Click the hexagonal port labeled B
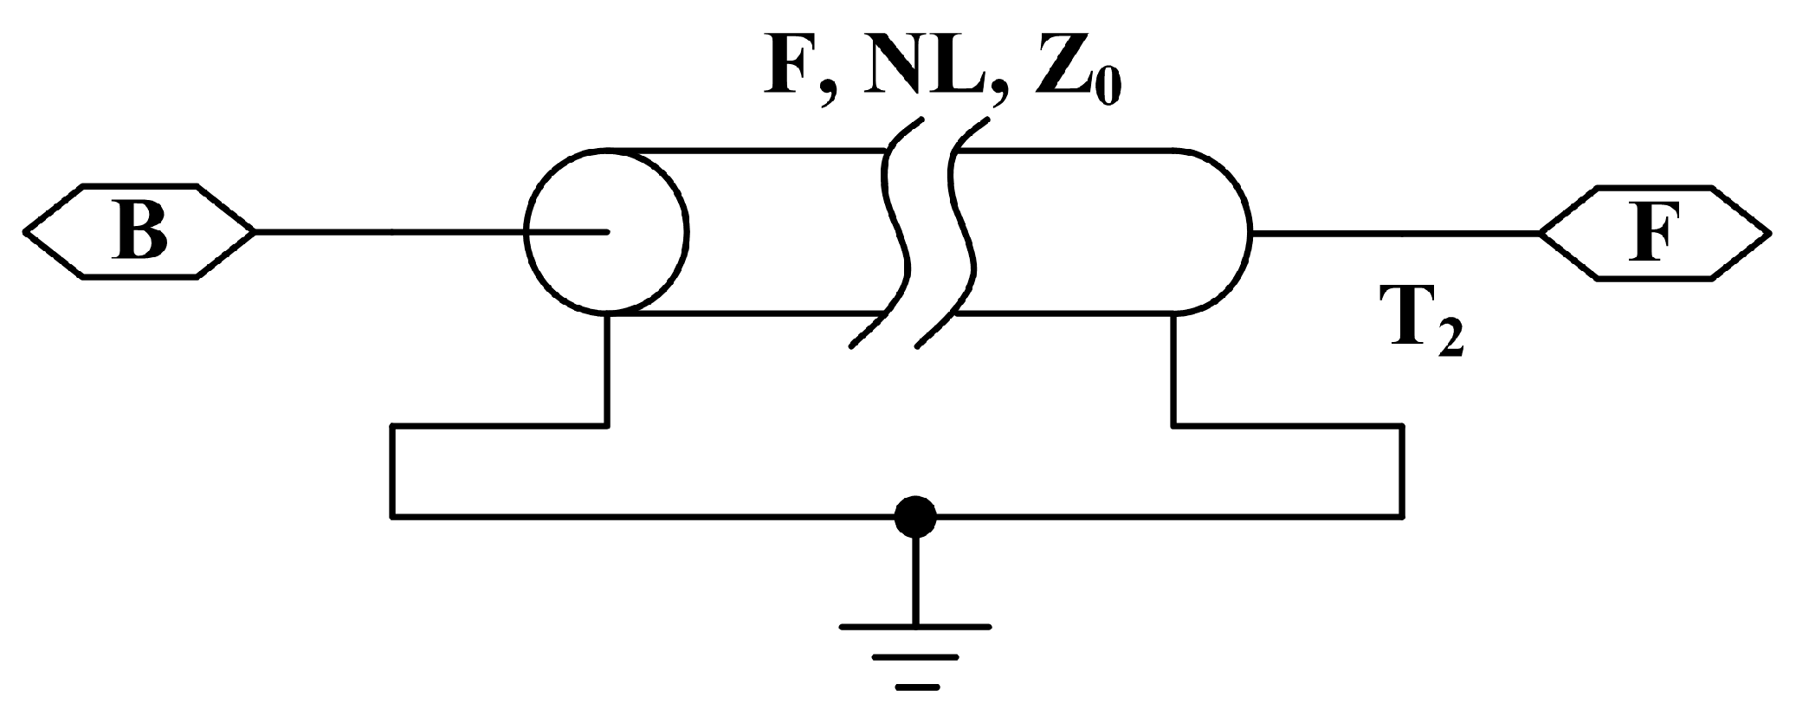[x=139, y=232]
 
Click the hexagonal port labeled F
[x=1654, y=232]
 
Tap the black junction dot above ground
[x=914, y=518]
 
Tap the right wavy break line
[x=961, y=234]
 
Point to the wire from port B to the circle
[x=390, y=232]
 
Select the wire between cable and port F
[x=1394, y=232]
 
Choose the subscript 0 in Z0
[x=1105, y=86]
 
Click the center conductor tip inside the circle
[x=606, y=231]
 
